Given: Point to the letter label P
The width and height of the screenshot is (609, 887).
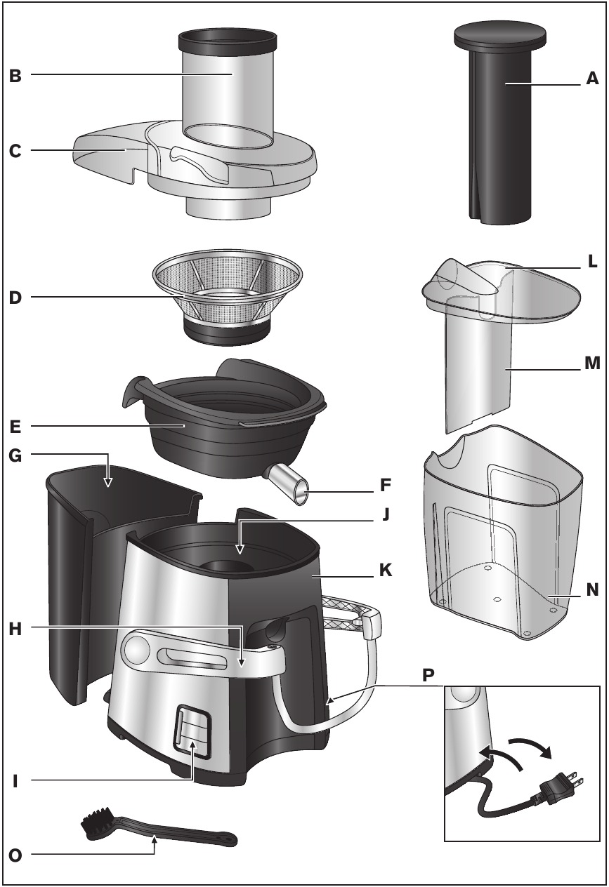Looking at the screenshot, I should (428, 676).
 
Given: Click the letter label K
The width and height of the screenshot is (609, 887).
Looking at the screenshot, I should (385, 571).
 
